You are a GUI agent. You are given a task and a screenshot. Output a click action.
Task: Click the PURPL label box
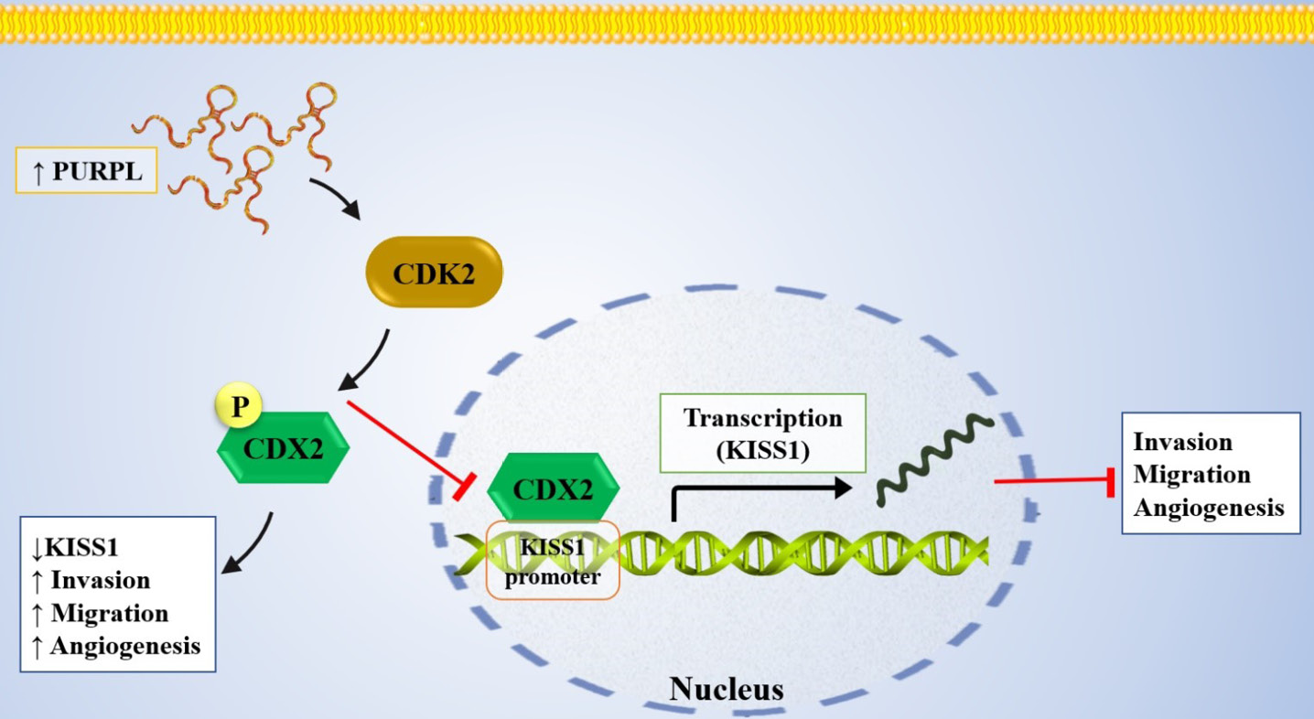(x=86, y=170)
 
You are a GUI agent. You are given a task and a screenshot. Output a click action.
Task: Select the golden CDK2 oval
(x=434, y=272)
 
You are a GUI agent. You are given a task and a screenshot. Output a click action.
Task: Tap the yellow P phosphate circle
(x=239, y=405)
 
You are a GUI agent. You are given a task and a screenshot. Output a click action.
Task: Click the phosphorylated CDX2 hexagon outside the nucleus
(x=284, y=448)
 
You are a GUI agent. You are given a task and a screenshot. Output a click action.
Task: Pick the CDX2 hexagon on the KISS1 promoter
(x=554, y=488)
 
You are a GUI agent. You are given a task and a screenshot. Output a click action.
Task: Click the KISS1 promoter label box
(x=553, y=560)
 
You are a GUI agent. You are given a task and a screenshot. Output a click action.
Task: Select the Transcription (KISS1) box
(x=762, y=434)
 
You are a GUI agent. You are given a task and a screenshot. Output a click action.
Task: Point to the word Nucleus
(x=727, y=689)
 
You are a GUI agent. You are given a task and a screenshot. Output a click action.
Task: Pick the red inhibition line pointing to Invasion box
(x=1054, y=481)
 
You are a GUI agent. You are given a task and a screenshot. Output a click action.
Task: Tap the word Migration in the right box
(x=1191, y=474)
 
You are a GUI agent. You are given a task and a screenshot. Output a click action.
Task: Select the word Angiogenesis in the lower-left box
(x=125, y=646)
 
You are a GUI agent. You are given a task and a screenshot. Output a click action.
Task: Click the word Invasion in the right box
(x=1182, y=442)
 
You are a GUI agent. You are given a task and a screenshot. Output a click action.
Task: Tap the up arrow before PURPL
(x=38, y=172)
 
